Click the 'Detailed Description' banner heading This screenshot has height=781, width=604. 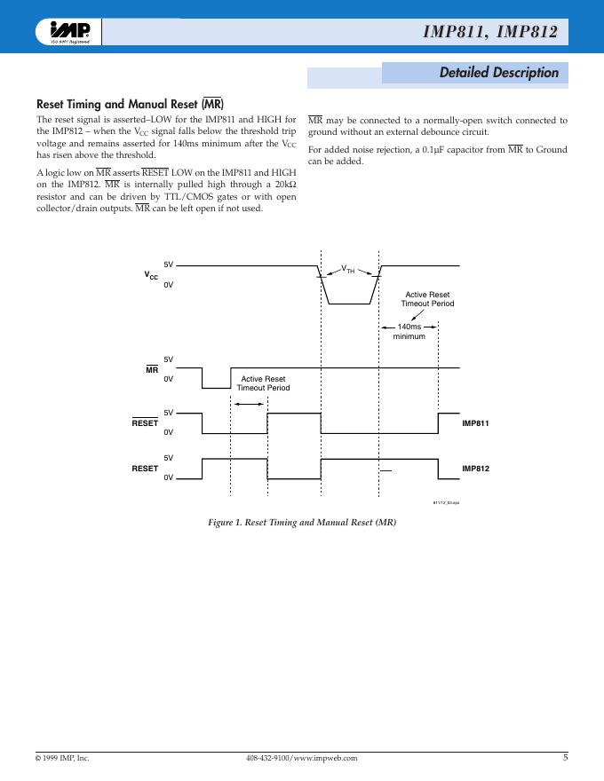pyautogui.click(x=498, y=73)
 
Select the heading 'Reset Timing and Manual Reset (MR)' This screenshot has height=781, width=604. pyautogui.click(x=129, y=104)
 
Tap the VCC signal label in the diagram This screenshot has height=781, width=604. pyautogui.click(x=152, y=276)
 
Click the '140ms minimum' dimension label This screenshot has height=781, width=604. pyautogui.click(x=409, y=332)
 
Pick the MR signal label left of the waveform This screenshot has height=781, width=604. pyautogui.click(x=152, y=369)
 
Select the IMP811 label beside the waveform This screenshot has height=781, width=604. pyautogui.click(x=475, y=423)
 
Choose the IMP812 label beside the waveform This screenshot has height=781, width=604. pyautogui.click(x=475, y=468)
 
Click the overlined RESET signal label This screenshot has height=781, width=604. pyautogui.click(x=145, y=423)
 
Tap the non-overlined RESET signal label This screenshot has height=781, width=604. pyautogui.click(x=145, y=468)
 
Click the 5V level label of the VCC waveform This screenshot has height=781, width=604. pyautogui.click(x=169, y=265)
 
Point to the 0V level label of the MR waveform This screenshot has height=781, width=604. pyautogui.click(x=169, y=379)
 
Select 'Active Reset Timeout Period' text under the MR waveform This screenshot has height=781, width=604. pyautogui.click(x=263, y=383)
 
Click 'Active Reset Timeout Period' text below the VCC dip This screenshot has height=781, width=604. pyautogui.click(x=427, y=299)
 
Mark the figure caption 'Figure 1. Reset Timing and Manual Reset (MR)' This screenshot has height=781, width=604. pyautogui.click(x=302, y=522)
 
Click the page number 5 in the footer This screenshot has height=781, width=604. pyautogui.click(x=565, y=758)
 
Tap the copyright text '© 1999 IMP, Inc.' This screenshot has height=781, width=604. pyautogui.click(x=62, y=759)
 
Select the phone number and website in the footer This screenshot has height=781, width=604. pyautogui.click(x=301, y=759)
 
